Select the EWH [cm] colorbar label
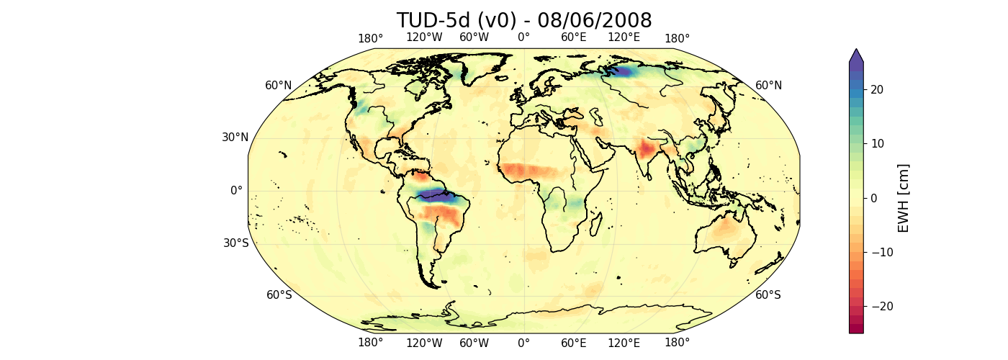tap(904, 198)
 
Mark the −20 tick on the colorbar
tap(864, 306)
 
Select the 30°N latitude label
tap(235, 138)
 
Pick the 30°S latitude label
tap(235, 243)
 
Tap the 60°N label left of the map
tap(279, 86)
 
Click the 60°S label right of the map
tap(768, 294)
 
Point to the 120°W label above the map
tap(424, 38)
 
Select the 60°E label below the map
tap(574, 343)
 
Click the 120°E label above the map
tap(624, 38)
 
